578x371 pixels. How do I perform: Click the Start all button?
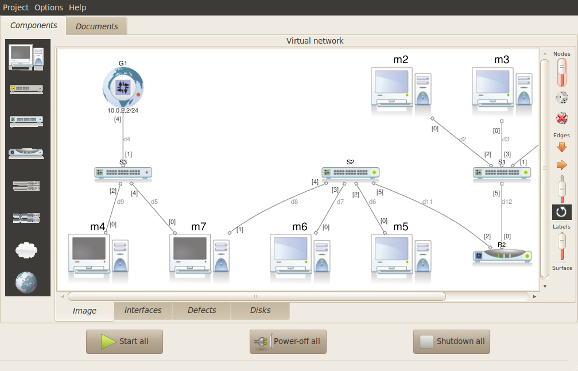click(125, 341)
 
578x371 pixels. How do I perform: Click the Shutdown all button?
click(452, 341)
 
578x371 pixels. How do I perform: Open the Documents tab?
click(96, 26)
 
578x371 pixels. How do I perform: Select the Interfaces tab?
click(143, 310)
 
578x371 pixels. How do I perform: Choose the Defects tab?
click(202, 310)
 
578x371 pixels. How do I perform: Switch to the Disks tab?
click(261, 310)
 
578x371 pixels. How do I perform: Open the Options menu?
click(49, 7)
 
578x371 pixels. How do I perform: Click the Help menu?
click(77, 7)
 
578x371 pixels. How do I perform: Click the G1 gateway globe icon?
click(123, 87)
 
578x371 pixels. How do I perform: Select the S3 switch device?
click(123, 172)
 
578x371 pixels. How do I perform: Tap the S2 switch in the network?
click(350, 172)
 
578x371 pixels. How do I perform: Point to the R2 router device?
click(502, 256)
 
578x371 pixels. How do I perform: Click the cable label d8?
click(294, 202)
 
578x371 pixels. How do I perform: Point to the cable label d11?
click(427, 202)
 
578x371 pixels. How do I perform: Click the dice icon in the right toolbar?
click(562, 98)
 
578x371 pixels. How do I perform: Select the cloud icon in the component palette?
click(26, 249)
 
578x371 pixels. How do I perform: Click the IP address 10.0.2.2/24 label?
click(123, 110)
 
